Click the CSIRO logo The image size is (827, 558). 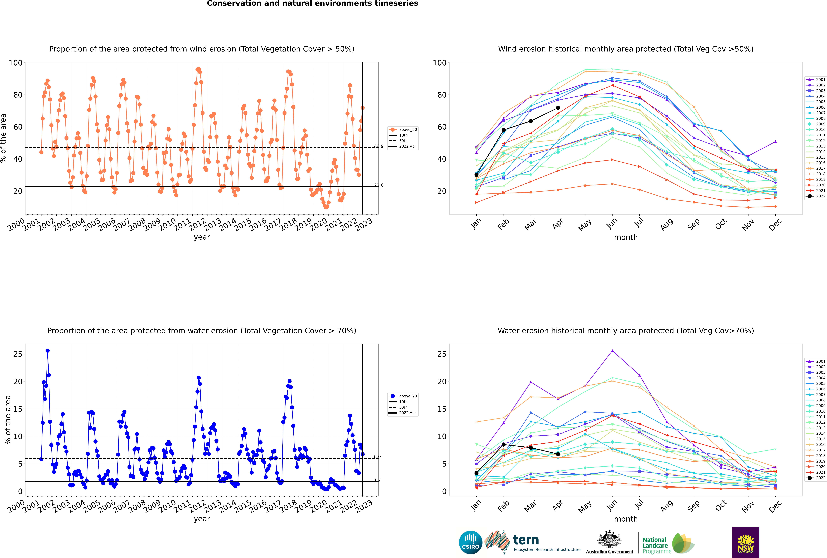click(x=470, y=542)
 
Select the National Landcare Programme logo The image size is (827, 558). click(x=668, y=543)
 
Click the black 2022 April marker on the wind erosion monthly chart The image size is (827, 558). click(x=558, y=108)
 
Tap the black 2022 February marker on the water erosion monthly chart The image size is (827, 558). click(x=503, y=445)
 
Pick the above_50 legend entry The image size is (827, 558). click(x=403, y=130)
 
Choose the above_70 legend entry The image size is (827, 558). click(x=403, y=396)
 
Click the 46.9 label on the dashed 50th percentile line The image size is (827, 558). click(x=379, y=146)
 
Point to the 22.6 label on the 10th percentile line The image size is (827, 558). click(x=379, y=185)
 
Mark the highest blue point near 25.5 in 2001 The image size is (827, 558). click(x=48, y=351)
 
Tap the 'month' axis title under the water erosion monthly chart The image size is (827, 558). click(x=626, y=519)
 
